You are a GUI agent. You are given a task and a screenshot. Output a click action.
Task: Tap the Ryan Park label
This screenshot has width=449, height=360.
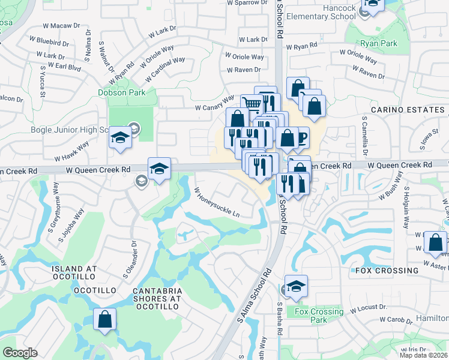point(379,44)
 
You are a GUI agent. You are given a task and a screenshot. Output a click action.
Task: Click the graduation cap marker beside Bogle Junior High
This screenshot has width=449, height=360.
point(120,138)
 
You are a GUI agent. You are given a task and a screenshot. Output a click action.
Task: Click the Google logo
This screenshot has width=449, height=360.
point(20,353)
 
